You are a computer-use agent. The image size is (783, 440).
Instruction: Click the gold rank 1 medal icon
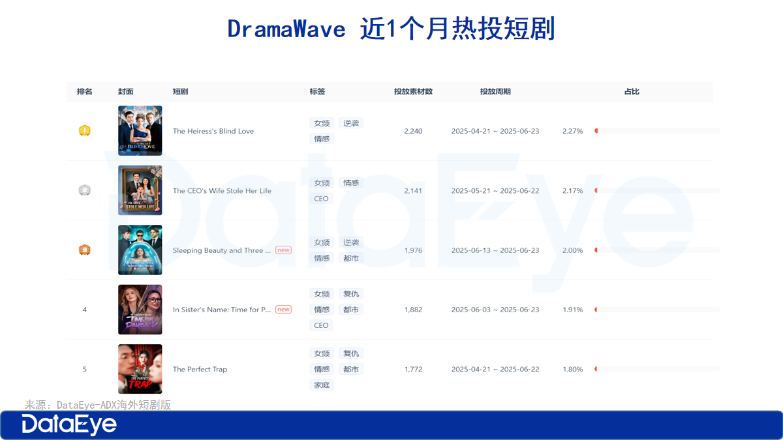[85, 131]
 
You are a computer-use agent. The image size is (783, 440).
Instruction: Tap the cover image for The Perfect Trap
[140, 369]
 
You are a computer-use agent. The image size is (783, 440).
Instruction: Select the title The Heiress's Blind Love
[213, 131]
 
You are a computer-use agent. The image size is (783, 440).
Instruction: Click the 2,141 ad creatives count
[413, 190]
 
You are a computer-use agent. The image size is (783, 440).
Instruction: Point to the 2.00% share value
[572, 250]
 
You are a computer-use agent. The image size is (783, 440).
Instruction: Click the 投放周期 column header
[495, 92]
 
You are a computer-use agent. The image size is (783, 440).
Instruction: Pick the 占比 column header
[632, 92]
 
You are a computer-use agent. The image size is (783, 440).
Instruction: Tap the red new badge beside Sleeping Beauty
[283, 250]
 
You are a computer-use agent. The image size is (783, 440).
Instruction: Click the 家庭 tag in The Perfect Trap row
[322, 385]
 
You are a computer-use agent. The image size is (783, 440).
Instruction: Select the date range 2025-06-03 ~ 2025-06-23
[495, 310]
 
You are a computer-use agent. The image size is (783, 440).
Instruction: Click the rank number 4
[85, 310]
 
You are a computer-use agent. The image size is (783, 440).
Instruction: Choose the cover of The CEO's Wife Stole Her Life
[140, 190]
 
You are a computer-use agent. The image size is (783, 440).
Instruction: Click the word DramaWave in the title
[286, 29]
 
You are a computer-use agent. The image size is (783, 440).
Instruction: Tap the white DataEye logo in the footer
[69, 425]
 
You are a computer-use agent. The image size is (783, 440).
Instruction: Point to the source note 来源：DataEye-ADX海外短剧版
[98, 405]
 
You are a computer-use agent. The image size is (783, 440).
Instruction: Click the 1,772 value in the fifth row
[413, 369]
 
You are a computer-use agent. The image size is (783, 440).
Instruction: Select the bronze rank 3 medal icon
[85, 250]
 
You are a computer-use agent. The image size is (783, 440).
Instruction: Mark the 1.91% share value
[572, 310]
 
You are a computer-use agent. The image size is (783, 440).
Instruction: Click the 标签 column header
[318, 92]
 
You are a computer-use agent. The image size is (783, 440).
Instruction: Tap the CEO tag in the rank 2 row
[322, 198]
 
